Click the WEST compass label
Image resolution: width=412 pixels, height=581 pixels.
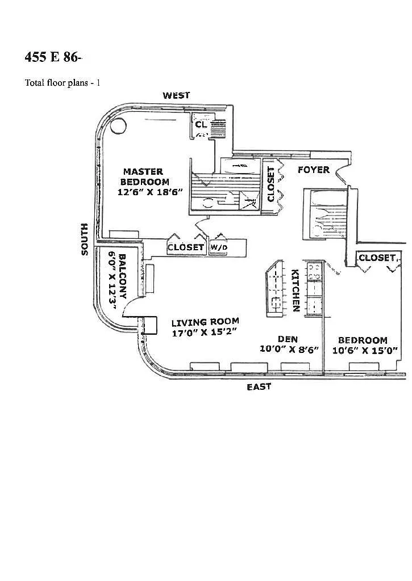(x=176, y=95)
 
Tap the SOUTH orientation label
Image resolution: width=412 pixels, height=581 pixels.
(x=85, y=239)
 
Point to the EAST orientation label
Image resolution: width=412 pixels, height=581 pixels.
(x=259, y=387)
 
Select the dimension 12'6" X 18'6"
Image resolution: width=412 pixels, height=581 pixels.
(x=150, y=192)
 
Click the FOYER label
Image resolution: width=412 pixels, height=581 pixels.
(x=314, y=170)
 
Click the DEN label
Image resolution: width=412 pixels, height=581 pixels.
(x=288, y=339)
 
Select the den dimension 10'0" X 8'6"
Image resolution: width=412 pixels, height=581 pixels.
(x=289, y=349)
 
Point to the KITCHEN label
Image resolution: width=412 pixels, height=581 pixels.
(x=296, y=290)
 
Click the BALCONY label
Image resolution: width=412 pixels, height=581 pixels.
(x=122, y=276)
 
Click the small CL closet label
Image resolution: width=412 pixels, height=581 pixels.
(x=201, y=124)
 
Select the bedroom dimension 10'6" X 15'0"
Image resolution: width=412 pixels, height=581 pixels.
(x=365, y=350)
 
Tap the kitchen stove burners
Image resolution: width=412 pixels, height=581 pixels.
(x=314, y=271)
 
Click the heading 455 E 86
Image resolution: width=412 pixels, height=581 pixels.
(x=52, y=57)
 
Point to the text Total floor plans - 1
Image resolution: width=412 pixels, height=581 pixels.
(x=63, y=82)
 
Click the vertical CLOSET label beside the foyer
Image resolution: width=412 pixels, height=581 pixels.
(x=271, y=184)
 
